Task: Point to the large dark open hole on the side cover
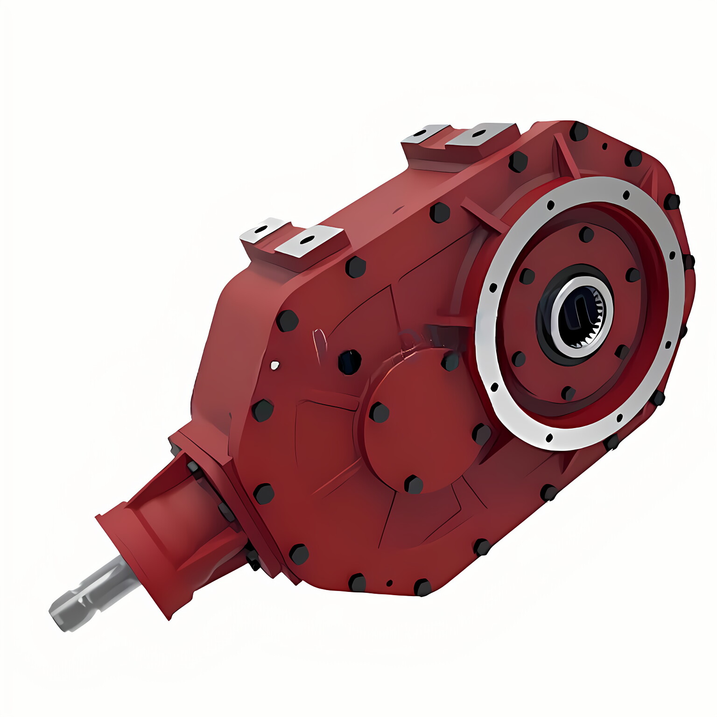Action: point(350,362)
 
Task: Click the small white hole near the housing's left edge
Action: point(275,365)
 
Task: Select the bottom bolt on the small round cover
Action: point(413,485)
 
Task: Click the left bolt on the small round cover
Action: point(379,413)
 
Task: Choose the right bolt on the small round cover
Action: point(481,435)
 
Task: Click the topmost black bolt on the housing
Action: point(579,131)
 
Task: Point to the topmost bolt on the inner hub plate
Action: point(586,234)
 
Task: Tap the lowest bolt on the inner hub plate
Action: point(568,394)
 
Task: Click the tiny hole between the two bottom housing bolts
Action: point(389,583)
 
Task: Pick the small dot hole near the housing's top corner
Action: point(605,146)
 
